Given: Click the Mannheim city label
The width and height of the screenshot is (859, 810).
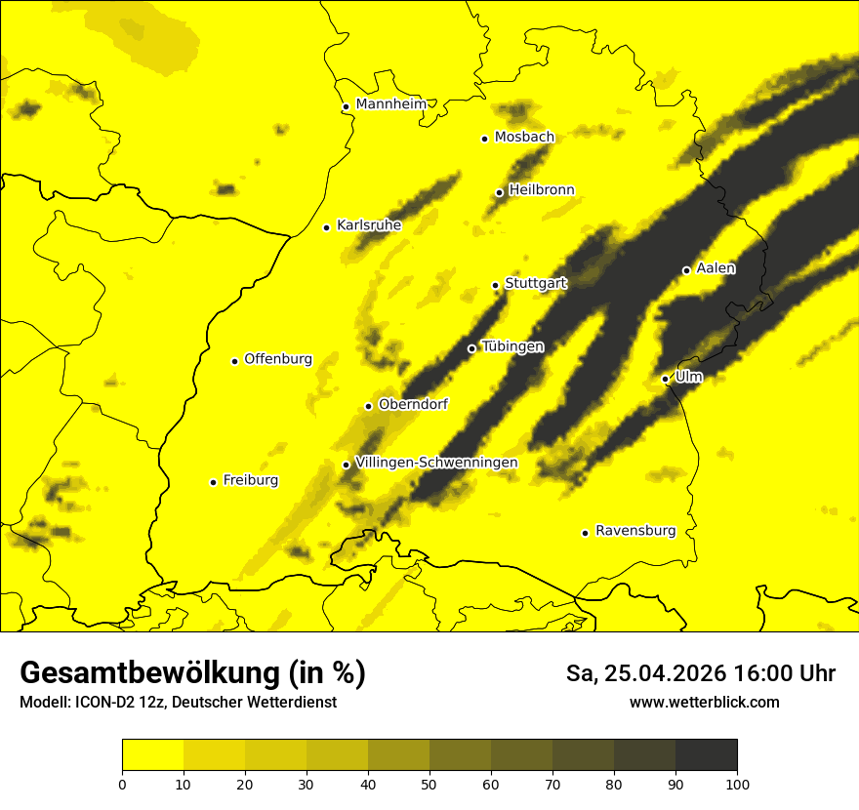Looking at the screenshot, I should (x=389, y=103).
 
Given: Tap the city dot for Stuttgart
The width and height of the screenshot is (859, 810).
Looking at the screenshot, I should (x=496, y=285).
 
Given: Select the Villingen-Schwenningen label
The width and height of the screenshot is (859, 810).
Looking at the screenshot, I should (x=436, y=462).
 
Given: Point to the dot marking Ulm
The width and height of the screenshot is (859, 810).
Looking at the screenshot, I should (x=666, y=379).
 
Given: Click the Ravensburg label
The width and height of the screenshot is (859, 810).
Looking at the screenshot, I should (x=635, y=531).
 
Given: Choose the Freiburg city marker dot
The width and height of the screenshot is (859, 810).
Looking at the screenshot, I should (x=213, y=482).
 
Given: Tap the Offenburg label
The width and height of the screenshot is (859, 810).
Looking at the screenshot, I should (x=278, y=358).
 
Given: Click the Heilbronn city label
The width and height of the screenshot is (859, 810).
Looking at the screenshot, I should (x=542, y=189).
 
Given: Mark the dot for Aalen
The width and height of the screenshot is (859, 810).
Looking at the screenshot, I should (x=686, y=270).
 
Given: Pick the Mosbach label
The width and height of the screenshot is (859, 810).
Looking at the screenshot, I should (x=524, y=137).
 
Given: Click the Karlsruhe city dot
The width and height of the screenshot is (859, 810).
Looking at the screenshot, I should (x=327, y=227).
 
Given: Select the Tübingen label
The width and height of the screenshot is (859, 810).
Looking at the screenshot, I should (x=512, y=346).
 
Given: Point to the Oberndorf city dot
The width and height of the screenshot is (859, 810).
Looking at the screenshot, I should (x=368, y=406).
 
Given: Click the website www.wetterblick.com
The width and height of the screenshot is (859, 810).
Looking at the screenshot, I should (x=704, y=702).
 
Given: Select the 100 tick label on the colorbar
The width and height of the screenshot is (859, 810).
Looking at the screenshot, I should (x=737, y=783).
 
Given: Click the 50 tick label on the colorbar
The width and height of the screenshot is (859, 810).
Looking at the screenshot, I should (x=429, y=783).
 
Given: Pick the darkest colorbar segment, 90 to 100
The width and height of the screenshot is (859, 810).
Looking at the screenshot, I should (x=706, y=754).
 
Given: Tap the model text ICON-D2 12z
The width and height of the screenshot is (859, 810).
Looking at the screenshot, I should (x=113, y=702).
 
